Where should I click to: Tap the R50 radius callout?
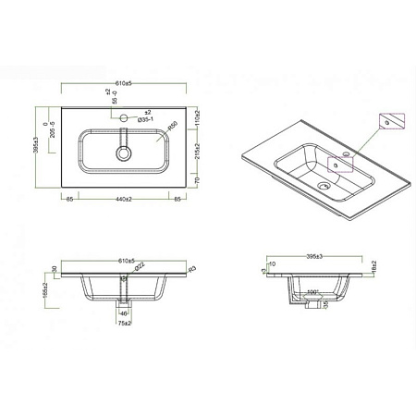point(172,125)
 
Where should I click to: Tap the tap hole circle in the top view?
point(122,118)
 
